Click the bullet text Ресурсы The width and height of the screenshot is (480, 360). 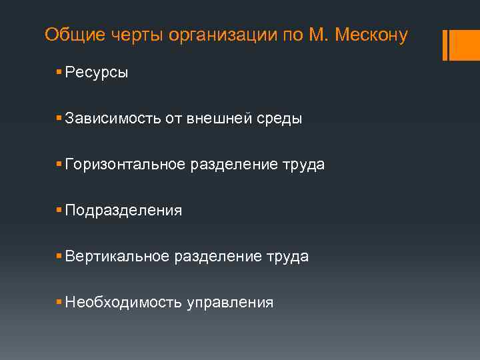tap(97, 73)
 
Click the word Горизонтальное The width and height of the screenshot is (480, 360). tap(126, 165)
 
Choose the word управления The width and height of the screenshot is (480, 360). tap(230, 303)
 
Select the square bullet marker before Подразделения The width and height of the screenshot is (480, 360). tap(59, 210)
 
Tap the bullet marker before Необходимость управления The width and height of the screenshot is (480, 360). tap(59, 302)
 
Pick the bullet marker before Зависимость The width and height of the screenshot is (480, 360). tap(59, 118)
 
